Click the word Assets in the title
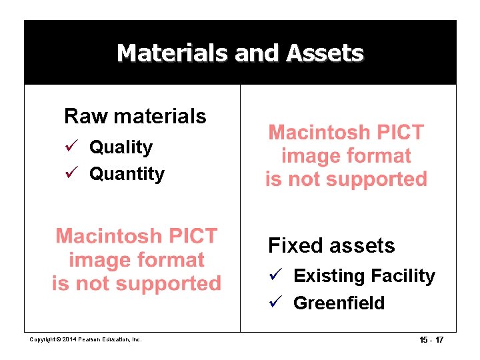[x=325, y=53]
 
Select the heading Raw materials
[x=135, y=116]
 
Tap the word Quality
[x=121, y=147]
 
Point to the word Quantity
[x=127, y=174]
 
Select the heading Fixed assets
[x=331, y=245]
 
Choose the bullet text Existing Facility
[x=364, y=276]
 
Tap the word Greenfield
[x=339, y=303]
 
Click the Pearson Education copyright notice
[x=86, y=340]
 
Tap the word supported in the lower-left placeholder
[x=165, y=283]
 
